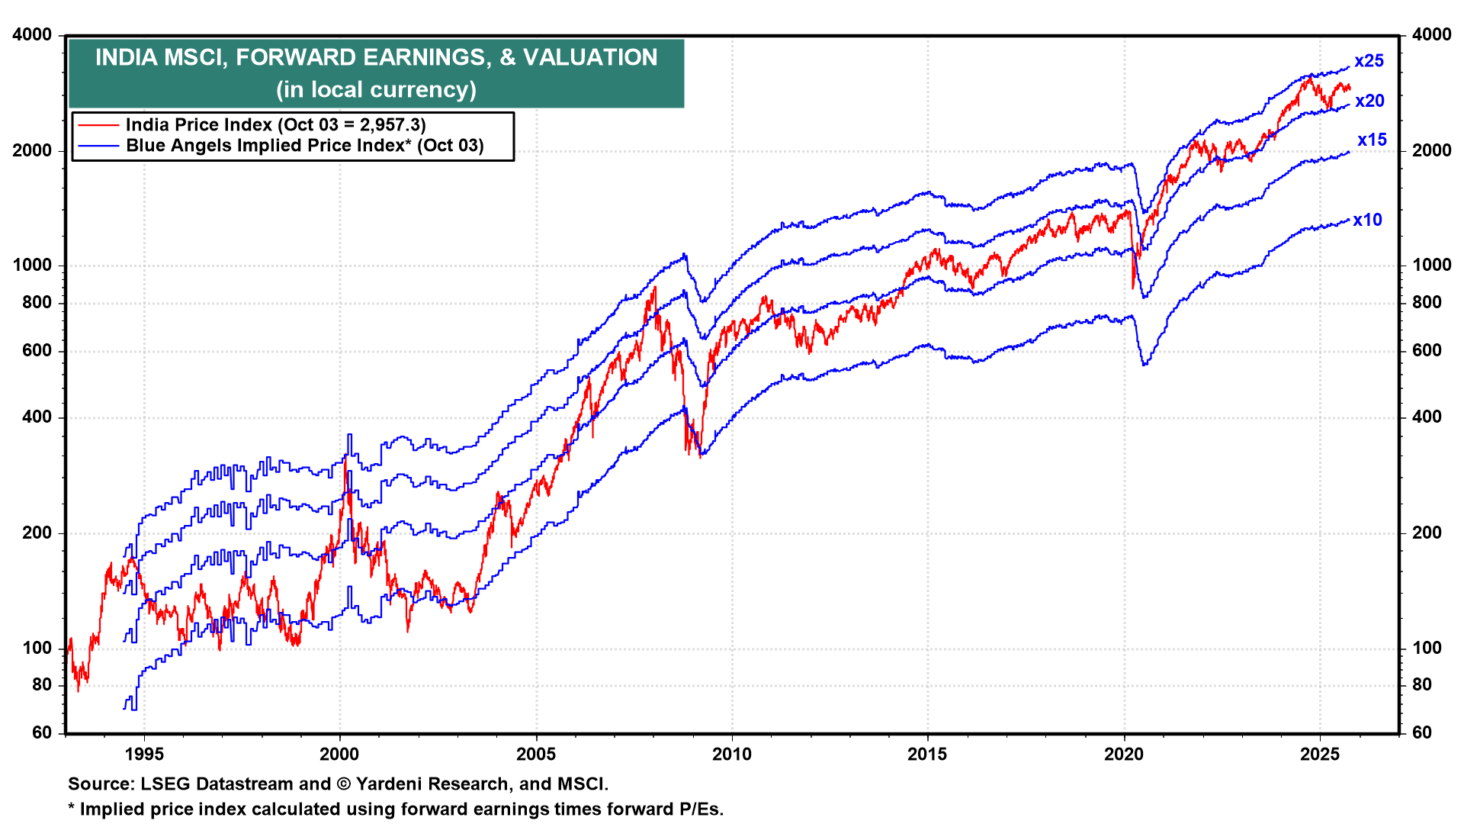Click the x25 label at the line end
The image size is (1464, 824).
coord(1369,61)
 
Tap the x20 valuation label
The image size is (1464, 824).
coord(1369,101)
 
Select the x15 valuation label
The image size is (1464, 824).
coord(1372,140)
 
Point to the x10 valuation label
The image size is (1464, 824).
coord(1367,220)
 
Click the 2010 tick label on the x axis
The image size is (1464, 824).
coord(731,755)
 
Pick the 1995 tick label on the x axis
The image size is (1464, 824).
coord(144,755)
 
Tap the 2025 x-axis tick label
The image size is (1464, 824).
coord(1319,755)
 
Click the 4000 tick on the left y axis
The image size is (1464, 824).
coord(33,35)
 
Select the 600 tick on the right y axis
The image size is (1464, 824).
coord(1427,351)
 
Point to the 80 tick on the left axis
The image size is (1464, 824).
coord(42,685)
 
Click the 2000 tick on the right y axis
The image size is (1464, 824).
coord(1431,151)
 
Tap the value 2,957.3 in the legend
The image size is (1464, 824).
coord(387,125)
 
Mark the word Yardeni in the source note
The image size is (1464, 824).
coord(386,784)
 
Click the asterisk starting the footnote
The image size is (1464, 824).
coord(72,809)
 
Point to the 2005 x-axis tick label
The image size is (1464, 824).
coord(535,755)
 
